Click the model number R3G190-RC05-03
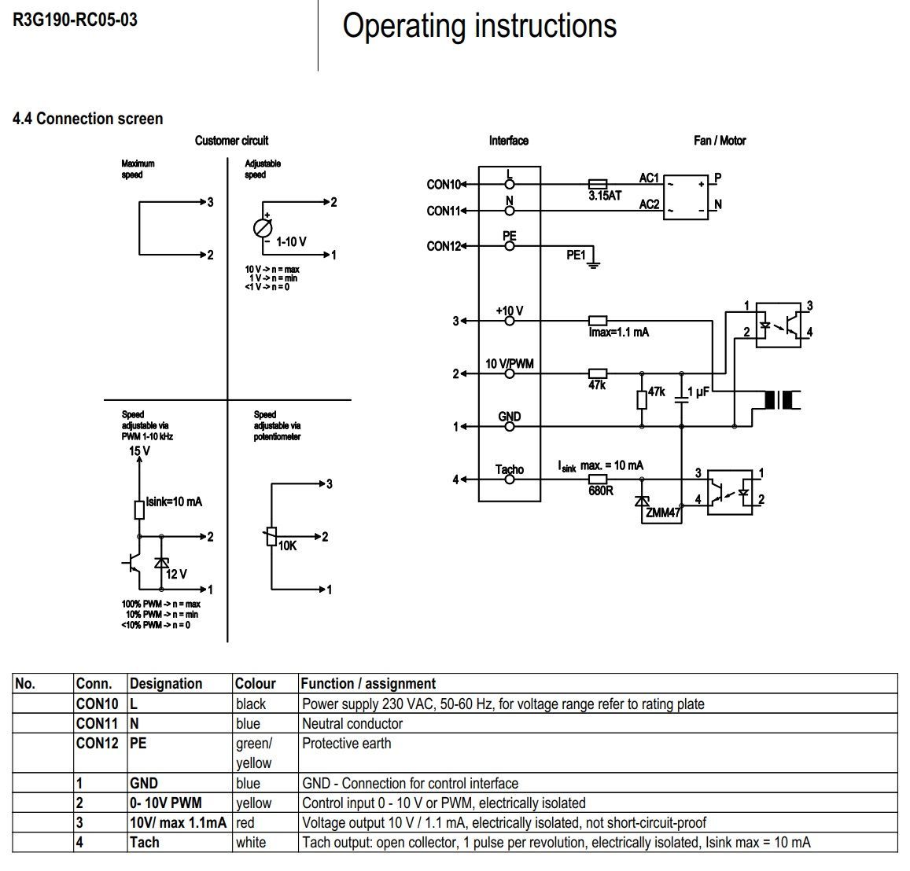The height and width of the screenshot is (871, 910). pyautogui.click(x=75, y=20)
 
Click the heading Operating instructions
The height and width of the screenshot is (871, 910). pyautogui.click(x=479, y=26)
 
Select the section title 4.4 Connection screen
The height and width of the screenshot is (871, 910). pyautogui.click(x=88, y=119)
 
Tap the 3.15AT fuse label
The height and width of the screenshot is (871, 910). pyautogui.click(x=605, y=196)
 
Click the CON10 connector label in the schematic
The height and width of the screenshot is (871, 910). pyautogui.click(x=443, y=185)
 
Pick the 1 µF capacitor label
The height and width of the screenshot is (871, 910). pyautogui.click(x=698, y=391)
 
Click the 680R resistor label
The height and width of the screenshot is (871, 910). pyautogui.click(x=601, y=491)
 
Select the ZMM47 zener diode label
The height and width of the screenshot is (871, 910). pyautogui.click(x=663, y=513)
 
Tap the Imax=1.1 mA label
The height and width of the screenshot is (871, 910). pyautogui.click(x=619, y=333)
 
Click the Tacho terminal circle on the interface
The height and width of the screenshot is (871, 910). pyautogui.click(x=510, y=479)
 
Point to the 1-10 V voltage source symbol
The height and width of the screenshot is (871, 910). pyautogui.click(x=263, y=228)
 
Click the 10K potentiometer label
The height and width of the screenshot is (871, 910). pyautogui.click(x=288, y=545)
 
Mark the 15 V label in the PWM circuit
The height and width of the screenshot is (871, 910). pyautogui.click(x=139, y=451)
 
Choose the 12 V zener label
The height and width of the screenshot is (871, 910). pyautogui.click(x=176, y=574)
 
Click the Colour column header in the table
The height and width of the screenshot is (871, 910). pyautogui.click(x=256, y=683)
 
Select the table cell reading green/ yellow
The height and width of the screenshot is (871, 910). pyautogui.click(x=253, y=753)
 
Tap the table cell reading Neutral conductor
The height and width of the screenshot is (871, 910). pyautogui.click(x=352, y=723)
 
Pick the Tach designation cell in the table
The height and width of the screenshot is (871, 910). pyautogui.click(x=145, y=842)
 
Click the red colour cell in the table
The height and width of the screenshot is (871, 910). pyautogui.click(x=245, y=822)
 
